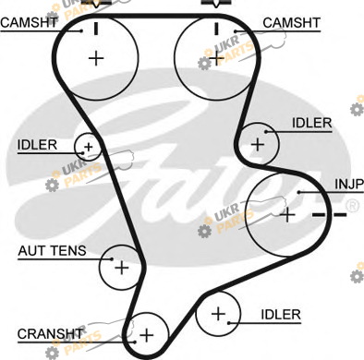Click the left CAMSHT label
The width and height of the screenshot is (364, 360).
(x=29, y=22)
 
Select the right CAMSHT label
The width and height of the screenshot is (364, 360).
(x=291, y=23)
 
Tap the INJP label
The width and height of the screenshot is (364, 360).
(x=349, y=184)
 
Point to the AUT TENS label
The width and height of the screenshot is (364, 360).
(x=52, y=251)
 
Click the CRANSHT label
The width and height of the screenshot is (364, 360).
(x=50, y=334)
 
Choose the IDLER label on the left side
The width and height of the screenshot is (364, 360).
(x=37, y=145)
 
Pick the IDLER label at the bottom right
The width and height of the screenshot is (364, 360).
(x=281, y=315)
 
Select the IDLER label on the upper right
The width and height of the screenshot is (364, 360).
(x=311, y=123)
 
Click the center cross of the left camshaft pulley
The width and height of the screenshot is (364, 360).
(x=96, y=58)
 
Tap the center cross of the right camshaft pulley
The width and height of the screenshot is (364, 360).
(x=216, y=58)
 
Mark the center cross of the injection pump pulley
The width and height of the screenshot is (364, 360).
(x=287, y=215)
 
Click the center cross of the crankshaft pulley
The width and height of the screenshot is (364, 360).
(x=146, y=335)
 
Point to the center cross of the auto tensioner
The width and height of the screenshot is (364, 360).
(x=122, y=268)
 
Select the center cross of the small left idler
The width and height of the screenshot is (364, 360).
(x=89, y=147)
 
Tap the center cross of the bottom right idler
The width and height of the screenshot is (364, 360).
(x=218, y=314)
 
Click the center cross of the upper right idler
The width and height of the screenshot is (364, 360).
(x=258, y=145)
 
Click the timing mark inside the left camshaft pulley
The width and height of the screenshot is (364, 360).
(x=96, y=29)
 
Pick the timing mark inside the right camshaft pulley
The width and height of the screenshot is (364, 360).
(x=216, y=29)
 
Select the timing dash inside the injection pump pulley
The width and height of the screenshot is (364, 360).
(x=319, y=215)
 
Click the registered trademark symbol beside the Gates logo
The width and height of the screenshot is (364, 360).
(x=352, y=206)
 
